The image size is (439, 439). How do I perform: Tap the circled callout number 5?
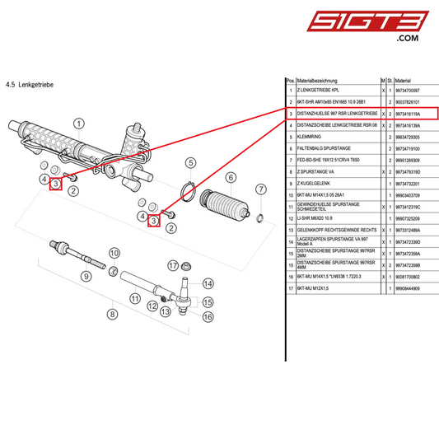(190, 162)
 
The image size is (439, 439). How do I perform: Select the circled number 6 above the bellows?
(231, 177)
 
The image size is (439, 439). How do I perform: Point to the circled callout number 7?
(261, 189)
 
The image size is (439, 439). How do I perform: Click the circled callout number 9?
(85, 276)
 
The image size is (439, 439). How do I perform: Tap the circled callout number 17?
(173, 265)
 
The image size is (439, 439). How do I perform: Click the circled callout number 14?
(208, 281)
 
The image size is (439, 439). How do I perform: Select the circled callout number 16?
(208, 316)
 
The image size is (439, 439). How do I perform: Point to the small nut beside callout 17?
(187, 265)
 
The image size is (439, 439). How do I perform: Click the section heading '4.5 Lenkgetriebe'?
(29, 84)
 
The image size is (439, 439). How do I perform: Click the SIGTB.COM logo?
(385, 25)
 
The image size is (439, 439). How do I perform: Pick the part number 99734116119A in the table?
(408, 113)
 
